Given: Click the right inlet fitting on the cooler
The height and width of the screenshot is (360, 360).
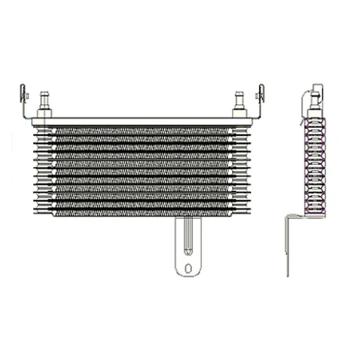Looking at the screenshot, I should tap(238, 101).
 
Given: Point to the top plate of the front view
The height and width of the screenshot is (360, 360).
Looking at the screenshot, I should tap(141, 121).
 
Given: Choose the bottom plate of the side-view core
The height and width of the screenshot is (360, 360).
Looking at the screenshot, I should tap(314, 213).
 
